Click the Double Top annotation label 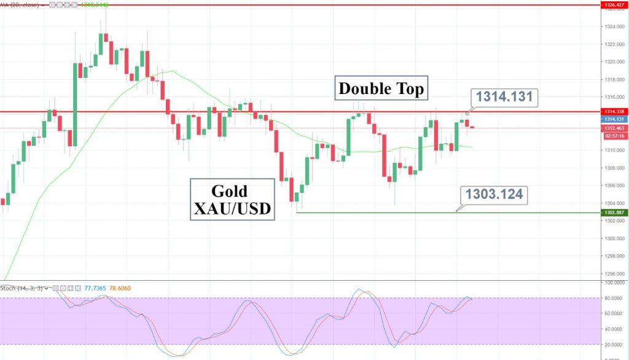click(381, 88)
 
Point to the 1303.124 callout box click(493, 195)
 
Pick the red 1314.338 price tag click(613, 111)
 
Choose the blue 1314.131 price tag click(613, 119)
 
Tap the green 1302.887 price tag click(613, 212)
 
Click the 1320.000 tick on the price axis click(613, 61)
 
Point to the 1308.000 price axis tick click(613, 168)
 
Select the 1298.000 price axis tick click(613, 256)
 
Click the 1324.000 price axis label click(613, 26)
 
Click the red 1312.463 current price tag click(613, 128)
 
